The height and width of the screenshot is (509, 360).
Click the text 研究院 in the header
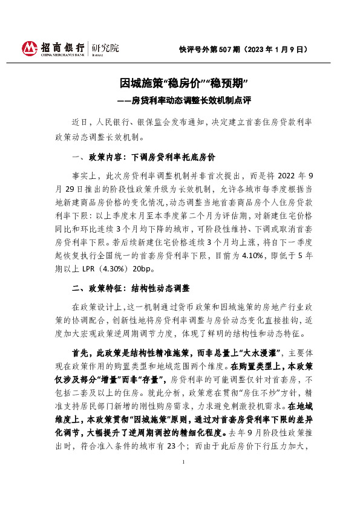105,47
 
